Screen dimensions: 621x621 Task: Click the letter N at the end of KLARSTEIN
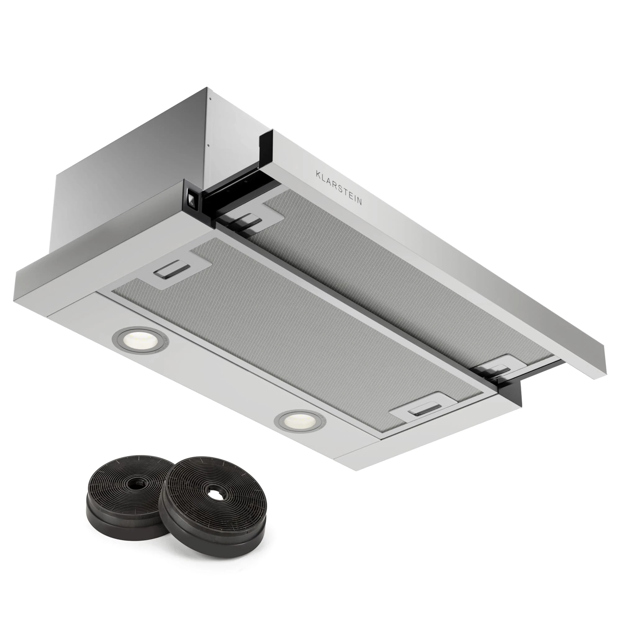pos(359,202)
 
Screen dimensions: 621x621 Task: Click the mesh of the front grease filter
pos(273,331)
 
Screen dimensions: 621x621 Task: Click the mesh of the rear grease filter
pos(369,283)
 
